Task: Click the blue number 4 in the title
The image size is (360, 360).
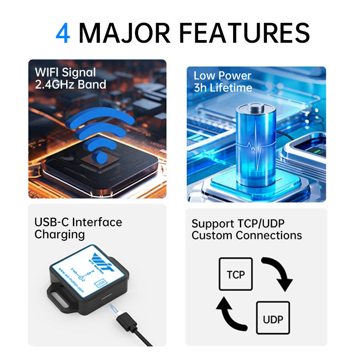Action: pyautogui.click(x=63, y=33)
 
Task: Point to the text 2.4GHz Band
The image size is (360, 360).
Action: pyautogui.click(x=70, y=85)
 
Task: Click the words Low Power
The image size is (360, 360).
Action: pyautogui.click(x=222, y=76)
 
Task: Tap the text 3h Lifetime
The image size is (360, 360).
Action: pyautogui.click(x=223, y=88)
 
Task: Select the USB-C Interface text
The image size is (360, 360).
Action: pyautogui.click(x=78, y=222)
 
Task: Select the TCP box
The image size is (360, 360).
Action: pyautogui.click(x=235, y=274)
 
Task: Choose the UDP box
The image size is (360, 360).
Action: pyautogui.click(x=273, y=318)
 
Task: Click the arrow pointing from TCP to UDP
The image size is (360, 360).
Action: pyautogui.click(x=277, y=272)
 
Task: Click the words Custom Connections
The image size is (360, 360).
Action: pyautogui.click(x=247, y=235)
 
